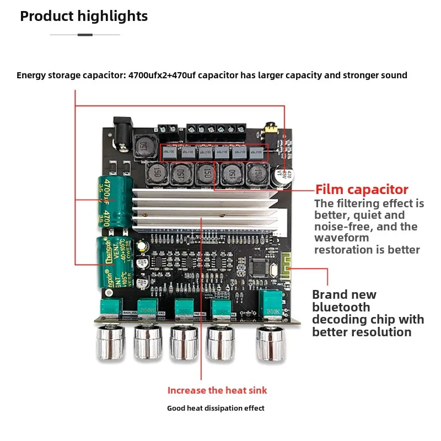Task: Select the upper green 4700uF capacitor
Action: click(x=115, y=201)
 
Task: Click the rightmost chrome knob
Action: click(x=270, y=341)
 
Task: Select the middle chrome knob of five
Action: click(x=184, y=342)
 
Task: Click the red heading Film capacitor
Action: click(x=362, y=190)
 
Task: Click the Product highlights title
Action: click(x=84, y=17)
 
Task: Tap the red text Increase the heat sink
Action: click(x=217, y=390)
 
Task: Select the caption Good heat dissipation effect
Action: click(x=216, y=408)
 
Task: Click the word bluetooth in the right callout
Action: click(x=341, y=307)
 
